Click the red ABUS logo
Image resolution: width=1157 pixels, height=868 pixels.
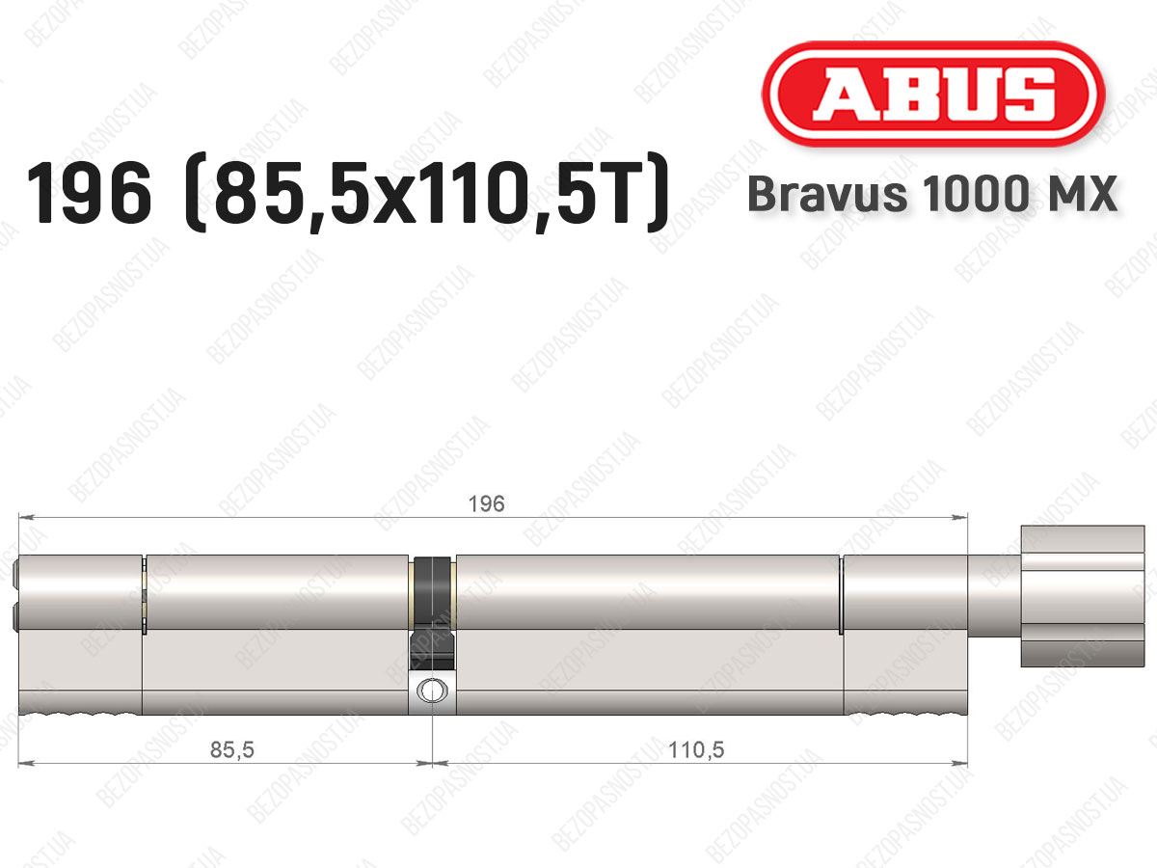(933, 95)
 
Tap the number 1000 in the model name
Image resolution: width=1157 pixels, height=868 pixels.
(976, 194)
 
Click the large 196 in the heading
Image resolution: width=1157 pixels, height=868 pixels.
(89, 194)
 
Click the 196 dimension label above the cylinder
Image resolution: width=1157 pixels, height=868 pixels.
(487, 504)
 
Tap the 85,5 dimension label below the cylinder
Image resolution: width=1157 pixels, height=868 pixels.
(232, 749)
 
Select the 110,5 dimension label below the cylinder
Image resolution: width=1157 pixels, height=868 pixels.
(696, 749)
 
